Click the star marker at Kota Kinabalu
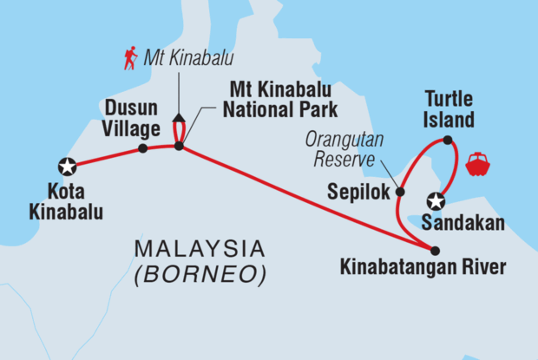click(x=66, y=165)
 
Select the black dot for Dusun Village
click(x=142, y=148)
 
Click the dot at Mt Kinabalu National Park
click(x=179, y=147)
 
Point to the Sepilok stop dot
click(x=400, y=192)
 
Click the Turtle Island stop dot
click(x=447, y=140)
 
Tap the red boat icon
click(x=479, y=163)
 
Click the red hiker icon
click(x=130, y=58)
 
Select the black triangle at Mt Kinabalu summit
click(x=179, y=117)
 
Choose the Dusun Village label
click(x=132, y=118)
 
